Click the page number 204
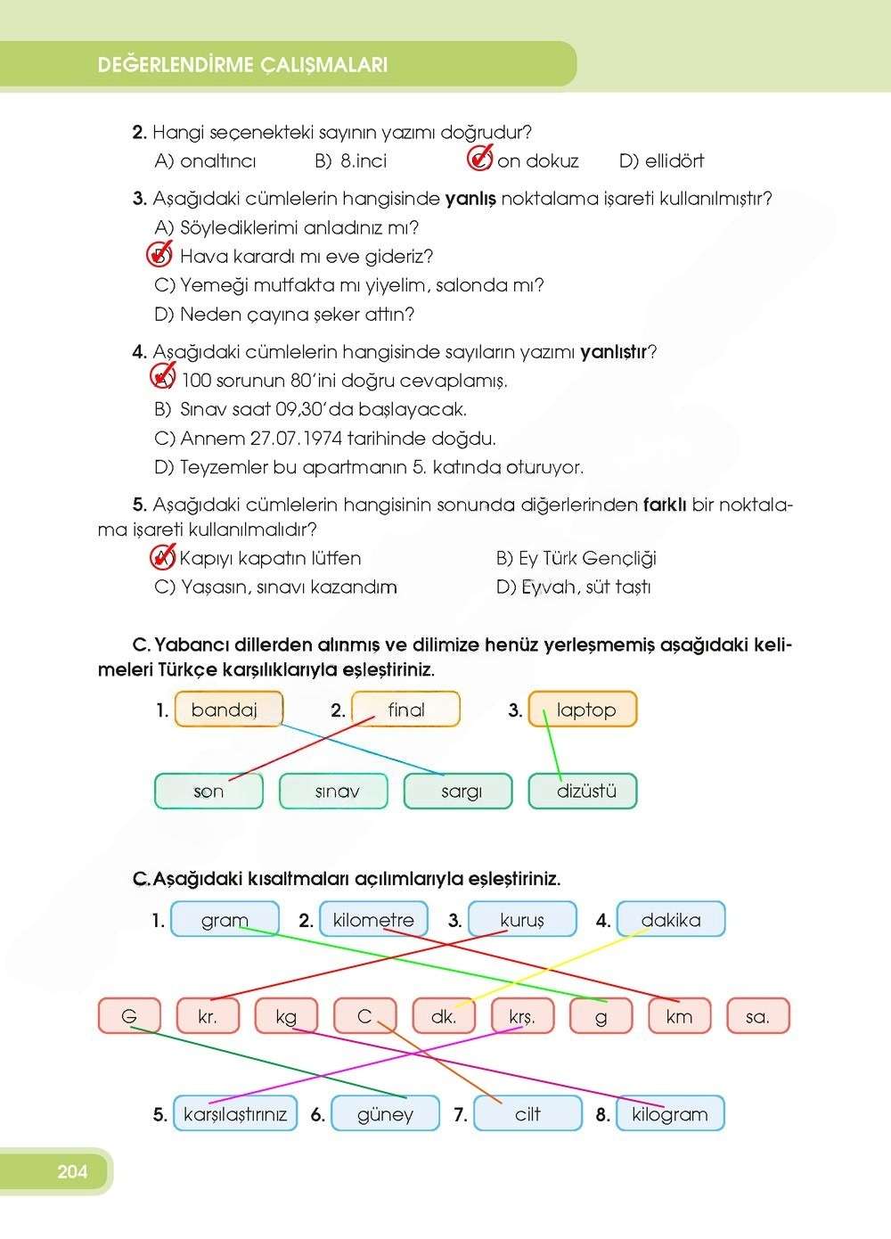72,1171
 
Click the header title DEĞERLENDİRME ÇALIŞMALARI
242,65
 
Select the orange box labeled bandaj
229,710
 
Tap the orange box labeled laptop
584,710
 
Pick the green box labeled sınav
334,791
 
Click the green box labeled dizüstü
584,791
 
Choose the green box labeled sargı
459,791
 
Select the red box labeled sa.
757,1016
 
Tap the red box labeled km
679,1016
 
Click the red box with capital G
129,1016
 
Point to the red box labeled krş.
522,1016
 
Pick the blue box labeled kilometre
373,920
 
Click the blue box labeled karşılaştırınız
235,1114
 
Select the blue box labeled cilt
527,1114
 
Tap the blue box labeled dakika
670,920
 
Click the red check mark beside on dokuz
480,160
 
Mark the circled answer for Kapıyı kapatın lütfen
162,558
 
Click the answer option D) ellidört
661,161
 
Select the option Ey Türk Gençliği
576,559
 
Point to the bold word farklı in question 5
664,505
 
